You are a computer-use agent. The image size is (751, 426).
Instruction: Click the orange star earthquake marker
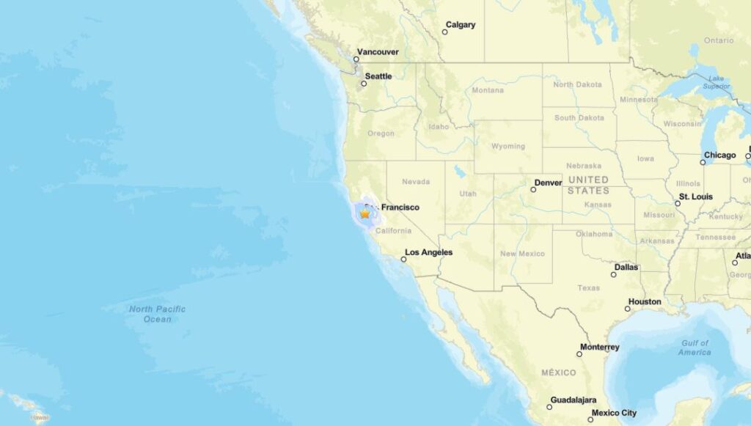[x=365, y=213]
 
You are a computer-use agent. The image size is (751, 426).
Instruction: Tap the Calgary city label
[x=461, y=25]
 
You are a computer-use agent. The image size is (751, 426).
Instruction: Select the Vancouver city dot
[x=357, y=59]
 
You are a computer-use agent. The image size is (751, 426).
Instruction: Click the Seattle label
[x=378, y=76]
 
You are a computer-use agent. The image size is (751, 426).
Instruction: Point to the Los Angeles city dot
[x=403, y=260]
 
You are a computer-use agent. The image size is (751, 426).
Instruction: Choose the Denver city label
[x=549, y=183]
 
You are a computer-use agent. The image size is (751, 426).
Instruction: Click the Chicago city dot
[x=703, y=162]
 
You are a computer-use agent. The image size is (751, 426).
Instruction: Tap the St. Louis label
[x=696, y=197]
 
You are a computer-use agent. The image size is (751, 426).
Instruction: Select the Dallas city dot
[x=614, y=275]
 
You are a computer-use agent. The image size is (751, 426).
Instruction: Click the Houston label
[x=645, y=302]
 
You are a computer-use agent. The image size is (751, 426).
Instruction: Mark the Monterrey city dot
[x=579, y=354]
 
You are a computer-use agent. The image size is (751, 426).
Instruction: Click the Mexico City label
[x=614, y=413]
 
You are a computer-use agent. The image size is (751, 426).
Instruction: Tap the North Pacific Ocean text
[x=158, y=314]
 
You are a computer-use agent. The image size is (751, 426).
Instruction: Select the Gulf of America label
[x=694, y=348]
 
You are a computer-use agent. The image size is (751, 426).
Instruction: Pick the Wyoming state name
[x=508, y=146]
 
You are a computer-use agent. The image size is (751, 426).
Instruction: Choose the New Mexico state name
[x=522, y=254]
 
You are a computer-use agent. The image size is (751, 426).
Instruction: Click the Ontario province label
[x=719, y=40]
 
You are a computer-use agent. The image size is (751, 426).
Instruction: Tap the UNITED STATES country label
[x=588, y=185]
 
